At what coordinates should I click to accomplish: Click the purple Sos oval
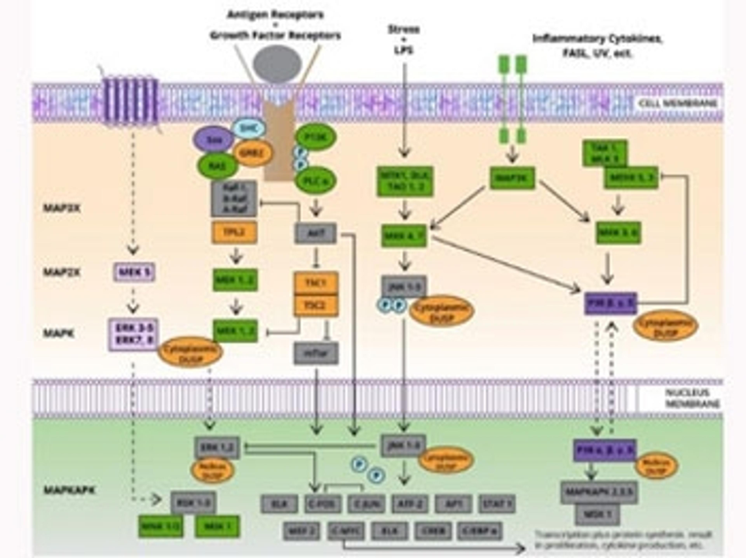coord(213,139)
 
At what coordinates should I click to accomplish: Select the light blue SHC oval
coord(250,128)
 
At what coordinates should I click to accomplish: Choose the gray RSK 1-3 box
coord(193,503)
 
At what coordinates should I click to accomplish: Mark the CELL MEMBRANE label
coord(678,103)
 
